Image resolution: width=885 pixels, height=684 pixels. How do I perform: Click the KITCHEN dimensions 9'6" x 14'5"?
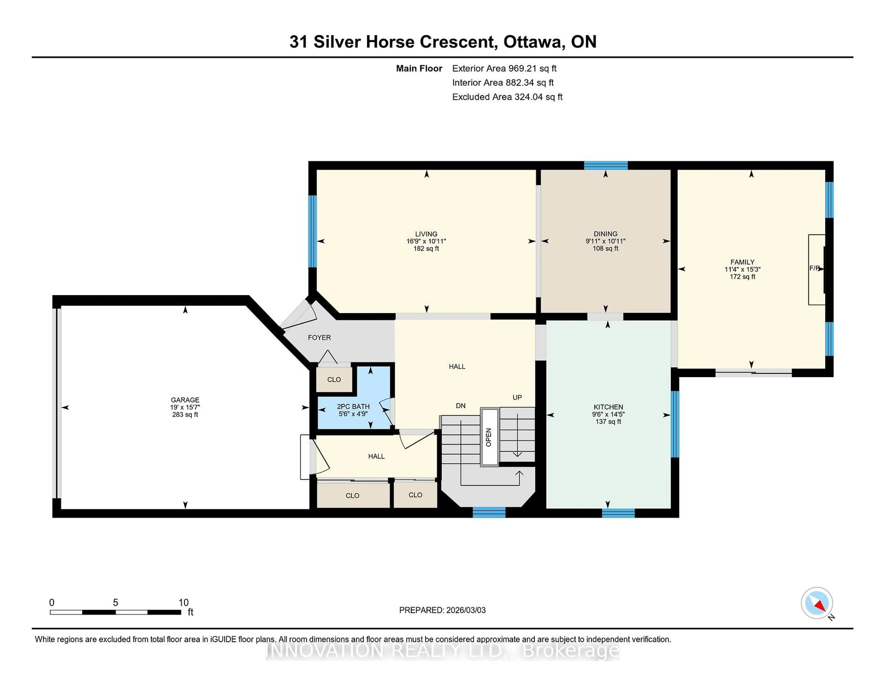click(608, 414)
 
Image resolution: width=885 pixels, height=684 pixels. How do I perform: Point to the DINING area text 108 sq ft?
click(605, 248)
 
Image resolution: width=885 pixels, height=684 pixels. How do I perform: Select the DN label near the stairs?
click(461, 406)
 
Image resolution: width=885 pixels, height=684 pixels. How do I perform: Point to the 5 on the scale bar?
click(115, 603)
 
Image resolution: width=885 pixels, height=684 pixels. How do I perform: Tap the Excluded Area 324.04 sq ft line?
click(507, 97)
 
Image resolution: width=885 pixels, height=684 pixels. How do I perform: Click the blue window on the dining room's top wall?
click(605, 165)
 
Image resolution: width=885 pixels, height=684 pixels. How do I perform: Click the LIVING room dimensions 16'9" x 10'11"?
click(426, 241)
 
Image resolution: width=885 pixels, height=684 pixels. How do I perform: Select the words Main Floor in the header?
click(419, 68)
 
